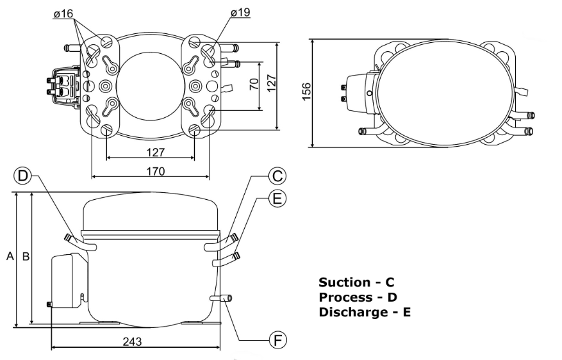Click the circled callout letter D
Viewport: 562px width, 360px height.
click(x=22, y=176)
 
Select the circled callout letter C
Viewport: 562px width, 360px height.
click(x=277, y=176)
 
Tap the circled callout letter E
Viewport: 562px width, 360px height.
click(x=277, y=198)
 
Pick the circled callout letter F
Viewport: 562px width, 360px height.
click(x=278, y=340)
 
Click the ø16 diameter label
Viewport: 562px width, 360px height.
click(x=63, y=13)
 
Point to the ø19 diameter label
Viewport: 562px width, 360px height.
click(x=240, y=13)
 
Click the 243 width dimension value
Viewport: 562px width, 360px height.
click(x=132, y=341)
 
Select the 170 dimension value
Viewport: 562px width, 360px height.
click(x=156, y=171)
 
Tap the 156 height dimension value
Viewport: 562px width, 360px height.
click(x=306, y=92)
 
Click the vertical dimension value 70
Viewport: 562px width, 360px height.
click(x=254, y=84)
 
